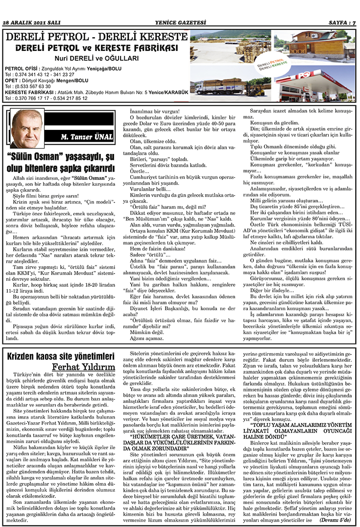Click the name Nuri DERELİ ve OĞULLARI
coord(97,58)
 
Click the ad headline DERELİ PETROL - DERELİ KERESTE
coord(96,37)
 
